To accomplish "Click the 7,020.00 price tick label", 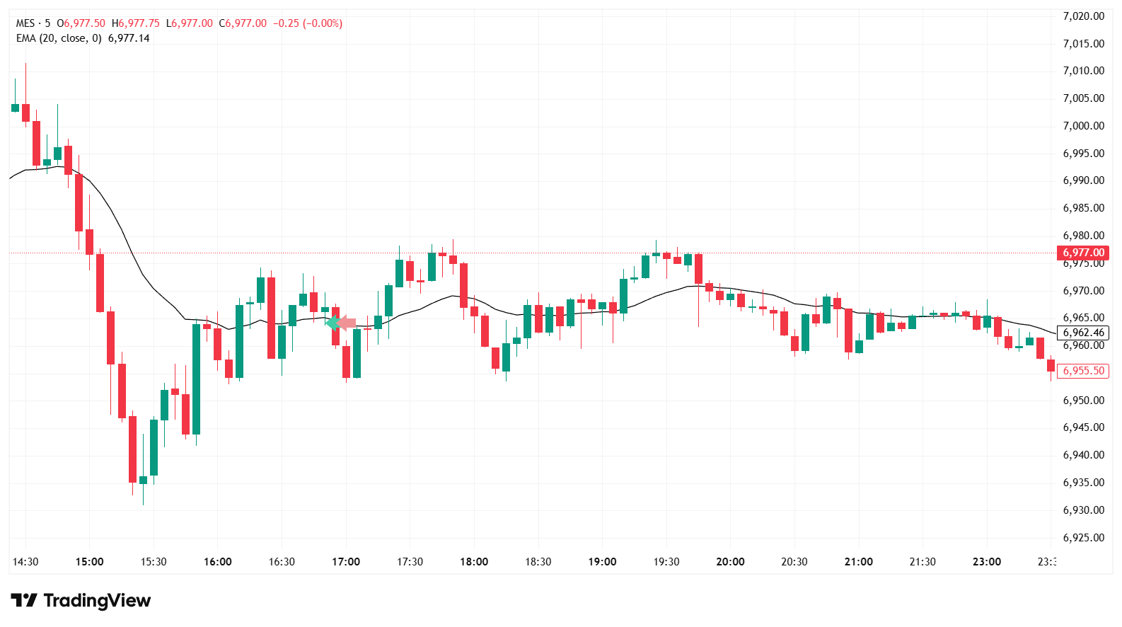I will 1083,16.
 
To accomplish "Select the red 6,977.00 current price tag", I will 1082,253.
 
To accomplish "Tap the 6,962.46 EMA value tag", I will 1082,333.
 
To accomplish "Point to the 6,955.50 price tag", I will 1082,371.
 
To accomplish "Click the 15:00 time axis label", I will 89,562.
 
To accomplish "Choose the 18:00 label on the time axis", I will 474,562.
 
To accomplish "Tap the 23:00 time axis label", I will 986,562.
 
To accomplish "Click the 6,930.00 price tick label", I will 1083,510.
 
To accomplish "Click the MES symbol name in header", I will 25,23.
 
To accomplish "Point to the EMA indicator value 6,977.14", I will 129,38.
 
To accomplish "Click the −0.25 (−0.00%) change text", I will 308,23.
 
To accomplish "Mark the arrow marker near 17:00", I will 341,323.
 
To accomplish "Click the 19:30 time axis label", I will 666,562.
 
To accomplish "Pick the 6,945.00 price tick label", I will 1083,427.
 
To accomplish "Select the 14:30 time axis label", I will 25,562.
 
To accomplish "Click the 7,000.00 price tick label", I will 1083,126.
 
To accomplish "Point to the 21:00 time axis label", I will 858,562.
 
